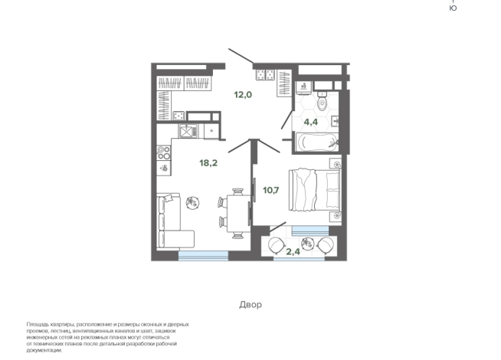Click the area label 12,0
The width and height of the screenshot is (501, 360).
243,95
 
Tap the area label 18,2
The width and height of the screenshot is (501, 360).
208,163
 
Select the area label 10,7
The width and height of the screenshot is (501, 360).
271,191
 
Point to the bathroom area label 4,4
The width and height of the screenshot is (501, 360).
311,122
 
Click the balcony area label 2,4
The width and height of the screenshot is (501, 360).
293,252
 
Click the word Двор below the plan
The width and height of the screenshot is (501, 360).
250,304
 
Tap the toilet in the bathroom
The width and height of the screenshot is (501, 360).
323,101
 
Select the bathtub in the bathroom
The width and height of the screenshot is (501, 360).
316,142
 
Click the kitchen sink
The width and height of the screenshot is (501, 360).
188,131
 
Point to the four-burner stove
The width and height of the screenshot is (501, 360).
164,152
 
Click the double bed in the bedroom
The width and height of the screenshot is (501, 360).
315,190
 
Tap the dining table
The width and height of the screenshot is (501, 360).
238,214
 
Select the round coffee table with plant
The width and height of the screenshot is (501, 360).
193,202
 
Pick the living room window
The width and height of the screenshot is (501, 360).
203,256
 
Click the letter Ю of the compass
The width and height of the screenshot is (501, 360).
453,8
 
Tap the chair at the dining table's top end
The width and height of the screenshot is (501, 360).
237,191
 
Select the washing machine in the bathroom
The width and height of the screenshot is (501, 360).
303,87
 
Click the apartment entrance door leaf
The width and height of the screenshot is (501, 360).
241,56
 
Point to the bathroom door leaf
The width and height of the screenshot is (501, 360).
287,119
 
